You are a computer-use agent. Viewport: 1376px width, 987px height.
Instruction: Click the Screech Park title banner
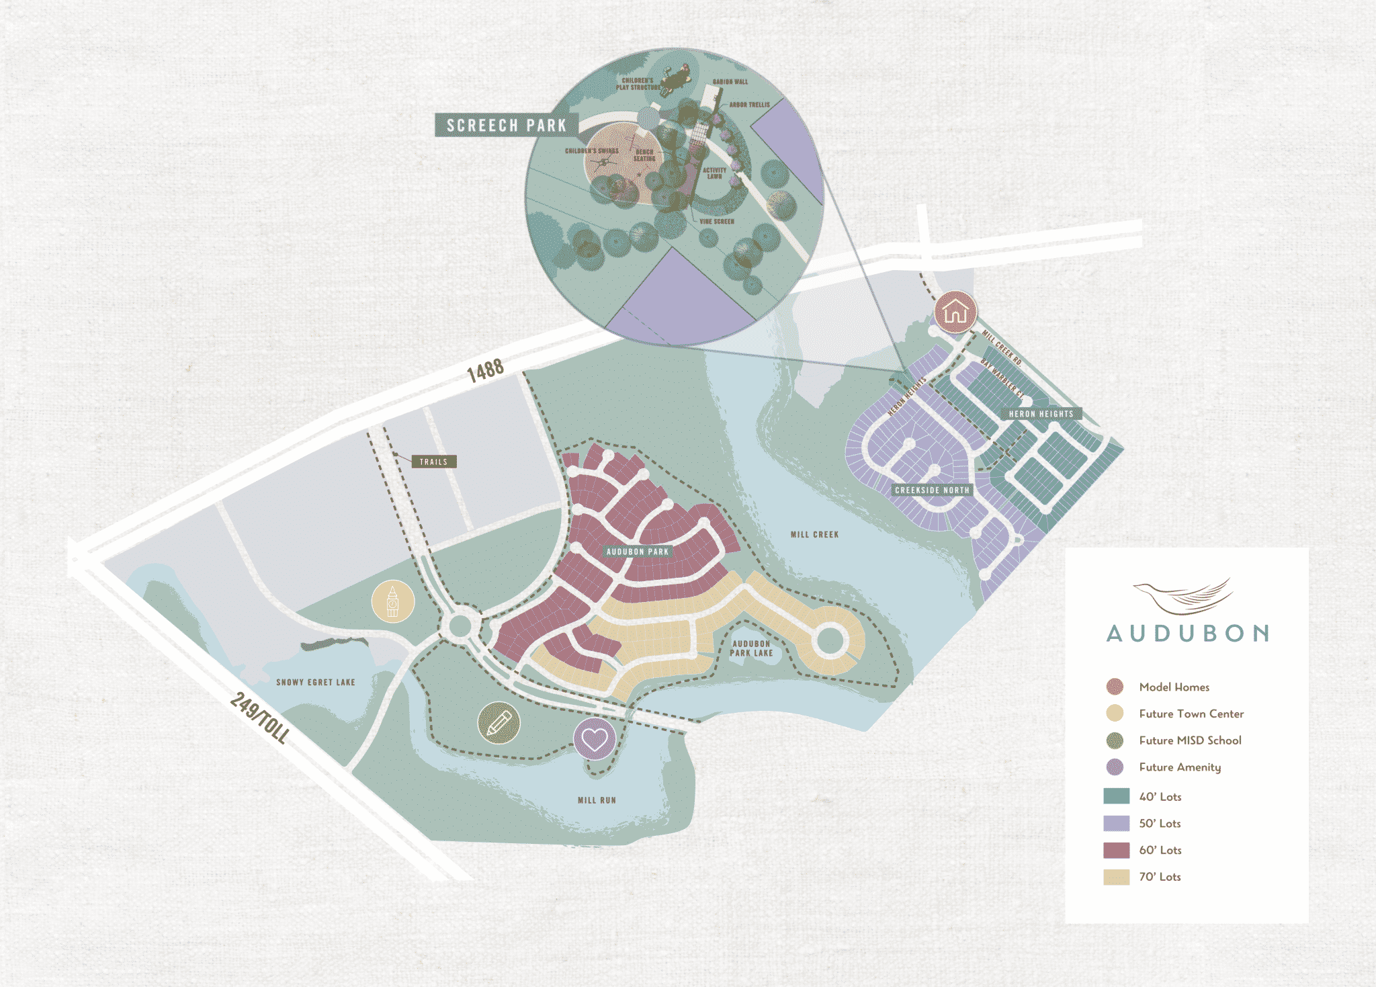(506, 126)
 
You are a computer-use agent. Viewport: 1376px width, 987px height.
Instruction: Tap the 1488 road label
(485, 370)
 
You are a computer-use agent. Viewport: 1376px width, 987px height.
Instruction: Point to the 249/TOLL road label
(259, 718)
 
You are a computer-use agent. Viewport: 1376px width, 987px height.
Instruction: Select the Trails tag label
(433, 462)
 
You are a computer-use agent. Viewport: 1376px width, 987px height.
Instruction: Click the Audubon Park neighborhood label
(638, 552)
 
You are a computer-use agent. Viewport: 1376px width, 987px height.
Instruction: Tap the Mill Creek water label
(814, 535)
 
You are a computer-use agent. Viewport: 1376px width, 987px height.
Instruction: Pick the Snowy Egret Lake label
(315, 682)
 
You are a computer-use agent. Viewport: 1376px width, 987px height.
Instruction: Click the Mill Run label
(597, 800)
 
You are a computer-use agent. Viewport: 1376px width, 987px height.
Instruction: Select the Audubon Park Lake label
(751, 648)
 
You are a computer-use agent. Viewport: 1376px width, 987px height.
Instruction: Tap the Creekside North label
(932, 490)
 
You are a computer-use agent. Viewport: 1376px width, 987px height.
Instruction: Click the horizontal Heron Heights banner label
(1041, 414)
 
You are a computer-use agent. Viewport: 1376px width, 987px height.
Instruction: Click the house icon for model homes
(955, 312)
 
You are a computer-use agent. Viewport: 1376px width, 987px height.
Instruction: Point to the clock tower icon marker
(393, 601)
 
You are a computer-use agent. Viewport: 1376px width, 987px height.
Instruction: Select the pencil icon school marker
(499, 724)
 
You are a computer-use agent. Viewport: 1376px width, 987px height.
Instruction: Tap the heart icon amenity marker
(594, 739)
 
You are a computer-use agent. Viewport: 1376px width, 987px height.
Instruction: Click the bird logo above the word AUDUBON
(1184, 596)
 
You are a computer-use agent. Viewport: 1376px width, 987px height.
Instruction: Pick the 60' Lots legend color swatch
(1116, 850)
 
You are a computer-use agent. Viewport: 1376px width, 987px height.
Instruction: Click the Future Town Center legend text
(1191, 714)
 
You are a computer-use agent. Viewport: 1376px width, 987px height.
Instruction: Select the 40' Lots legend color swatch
(1116, 796)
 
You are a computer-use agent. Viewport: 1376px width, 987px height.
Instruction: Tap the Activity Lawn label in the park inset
(714, 173)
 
